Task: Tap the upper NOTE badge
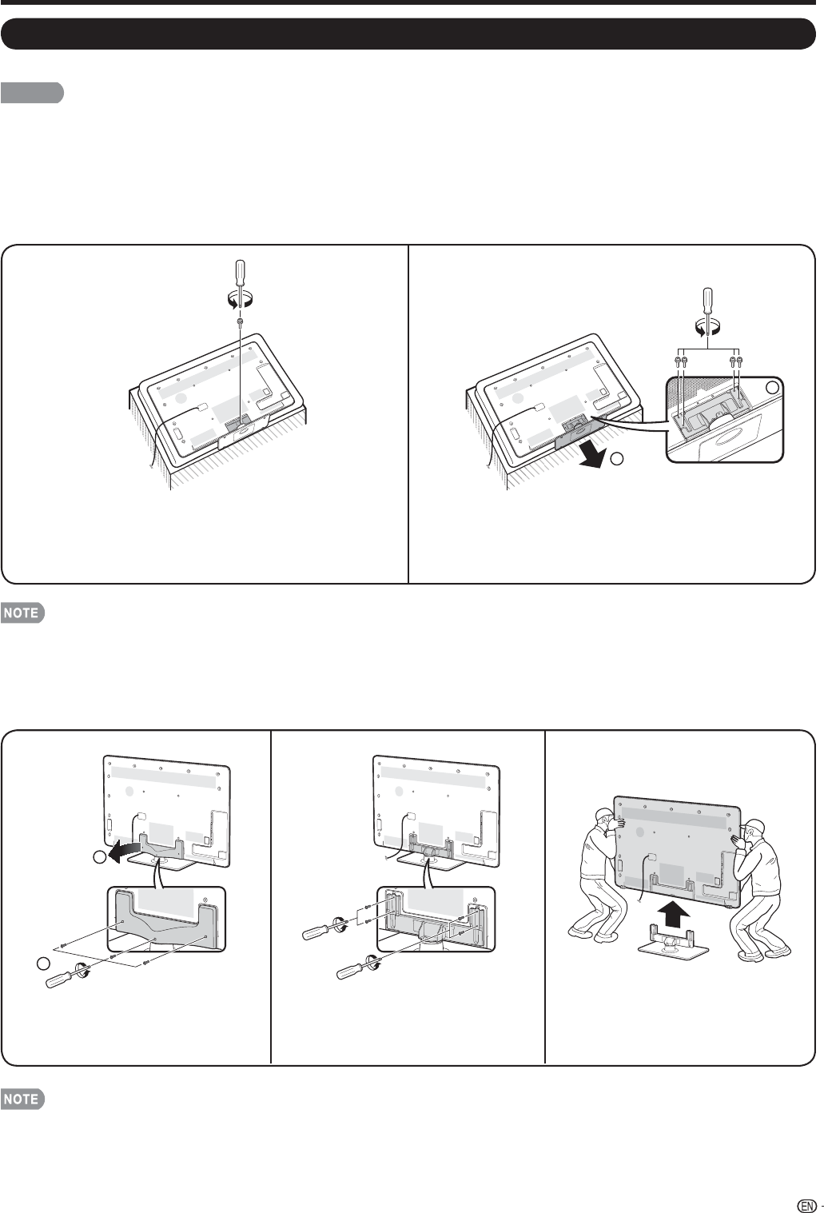[23, 614]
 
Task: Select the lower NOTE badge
[23, 1099]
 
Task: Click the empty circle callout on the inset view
[772, 387]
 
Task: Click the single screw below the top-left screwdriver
[241, 321]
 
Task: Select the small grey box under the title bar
[32, 93]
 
